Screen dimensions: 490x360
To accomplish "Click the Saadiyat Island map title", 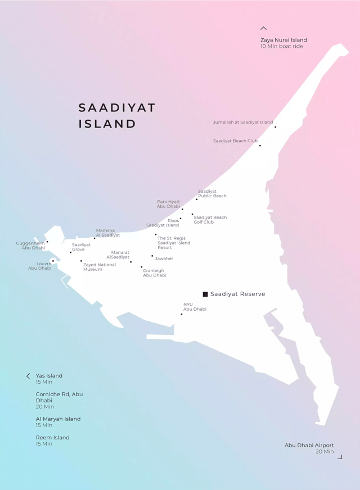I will tap(116, 115).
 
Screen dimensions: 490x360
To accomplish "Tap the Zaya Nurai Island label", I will tap(283, 40).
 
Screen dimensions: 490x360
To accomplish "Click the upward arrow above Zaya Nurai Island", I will tap(263, 28).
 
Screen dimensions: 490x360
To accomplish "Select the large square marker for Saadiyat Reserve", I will tap(205, 294).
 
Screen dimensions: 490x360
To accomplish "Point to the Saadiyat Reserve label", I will tap(237, 294).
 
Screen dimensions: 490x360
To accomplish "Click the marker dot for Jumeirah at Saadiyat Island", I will tap(275, 127).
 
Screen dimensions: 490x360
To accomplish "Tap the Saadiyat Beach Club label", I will tap(235, 141).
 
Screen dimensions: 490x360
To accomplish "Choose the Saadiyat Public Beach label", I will tap(212, 193).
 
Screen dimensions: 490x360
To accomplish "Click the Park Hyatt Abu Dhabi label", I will tap(168, 204).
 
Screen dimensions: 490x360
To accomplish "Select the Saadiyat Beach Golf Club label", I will tap(210, 220).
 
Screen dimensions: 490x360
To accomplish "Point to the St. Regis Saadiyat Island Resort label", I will tap(174, 243).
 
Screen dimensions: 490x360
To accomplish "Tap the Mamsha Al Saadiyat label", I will tap(107, 233).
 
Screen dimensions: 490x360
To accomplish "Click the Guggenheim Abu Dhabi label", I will tap(31, 246).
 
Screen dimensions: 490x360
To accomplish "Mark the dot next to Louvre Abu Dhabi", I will tap(53, 261).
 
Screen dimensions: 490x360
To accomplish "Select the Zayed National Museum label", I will tap(99, 267).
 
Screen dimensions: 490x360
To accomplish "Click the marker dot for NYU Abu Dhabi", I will tap(181, 314).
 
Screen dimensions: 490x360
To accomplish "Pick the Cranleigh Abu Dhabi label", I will tap(154, 273).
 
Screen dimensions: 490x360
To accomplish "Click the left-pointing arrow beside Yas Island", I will tap(28, 376).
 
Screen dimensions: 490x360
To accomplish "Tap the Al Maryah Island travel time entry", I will tap(58, 422).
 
